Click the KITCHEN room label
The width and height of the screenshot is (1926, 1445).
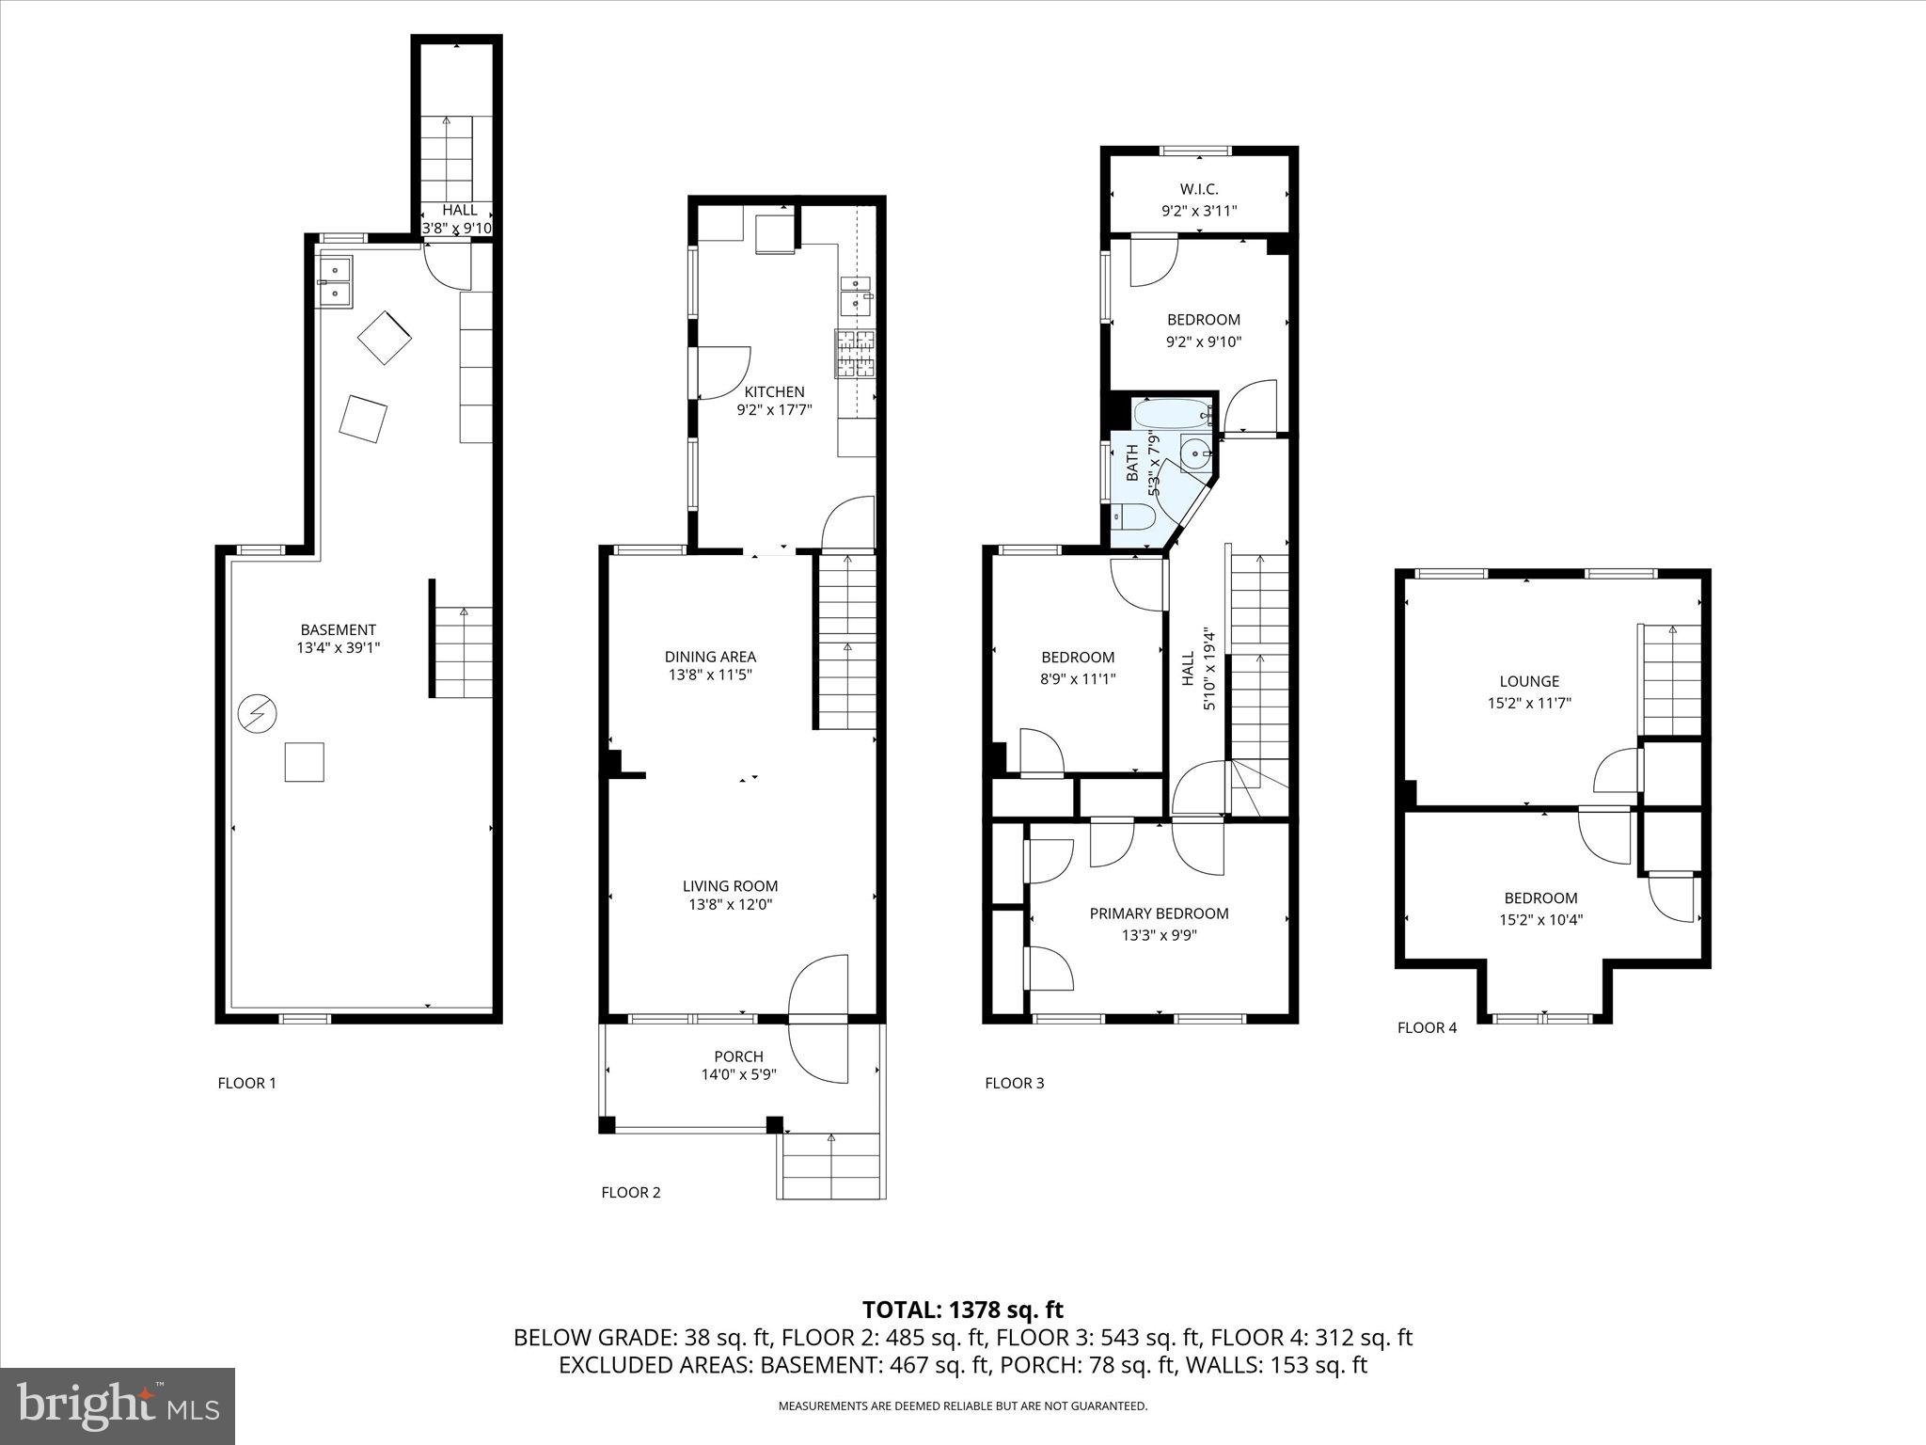click(774, 392)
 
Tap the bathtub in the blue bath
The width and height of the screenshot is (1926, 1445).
click(1171, 413)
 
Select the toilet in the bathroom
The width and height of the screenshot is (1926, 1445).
click(1135, 516)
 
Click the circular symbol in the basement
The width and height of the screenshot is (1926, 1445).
click(257, 714)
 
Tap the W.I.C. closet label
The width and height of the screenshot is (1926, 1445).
click(1199, 190)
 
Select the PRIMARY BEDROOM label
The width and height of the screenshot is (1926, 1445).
click(1159, 913)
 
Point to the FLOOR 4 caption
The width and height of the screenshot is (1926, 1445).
click(1426, 1027)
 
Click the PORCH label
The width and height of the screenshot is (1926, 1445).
click(738, 1056)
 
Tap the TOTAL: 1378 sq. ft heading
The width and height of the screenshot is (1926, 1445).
click(962, 1310)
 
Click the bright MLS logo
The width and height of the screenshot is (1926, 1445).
click(118, 1405)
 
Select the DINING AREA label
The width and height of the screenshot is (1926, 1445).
click(710, 657)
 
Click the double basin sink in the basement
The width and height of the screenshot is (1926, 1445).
click(335, 281)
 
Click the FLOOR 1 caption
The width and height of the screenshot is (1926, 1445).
click(246, 1083)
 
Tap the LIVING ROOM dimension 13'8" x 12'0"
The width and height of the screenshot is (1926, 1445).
click(730, 905)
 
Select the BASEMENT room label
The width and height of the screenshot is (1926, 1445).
click(338, 629)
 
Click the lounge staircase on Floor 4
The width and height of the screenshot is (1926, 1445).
click(1671, 679)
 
